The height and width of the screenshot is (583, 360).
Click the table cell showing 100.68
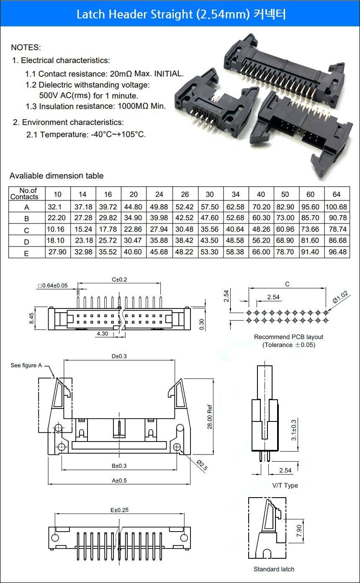point(337,207)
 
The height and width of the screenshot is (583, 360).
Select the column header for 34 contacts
point(236,194)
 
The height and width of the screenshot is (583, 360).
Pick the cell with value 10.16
point(58,229)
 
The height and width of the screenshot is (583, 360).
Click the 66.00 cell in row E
point(261,252)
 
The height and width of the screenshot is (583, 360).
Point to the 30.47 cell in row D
point(134,241)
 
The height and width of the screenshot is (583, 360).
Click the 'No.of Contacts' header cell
point(27,194)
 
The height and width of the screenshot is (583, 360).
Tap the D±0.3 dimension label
point(119,356)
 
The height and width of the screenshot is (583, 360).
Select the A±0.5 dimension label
point(119,480)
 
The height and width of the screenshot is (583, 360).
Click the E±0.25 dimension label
point(119,510)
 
